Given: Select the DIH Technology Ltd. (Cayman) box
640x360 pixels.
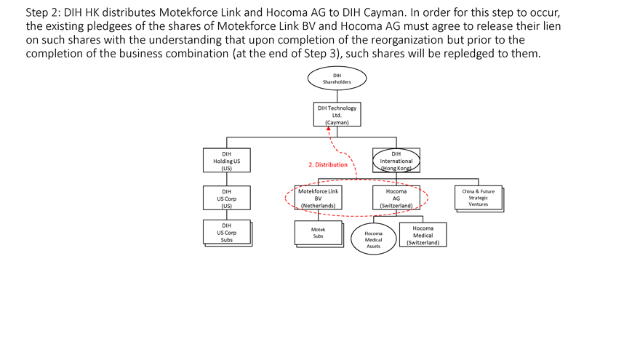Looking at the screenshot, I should tap(337, 115).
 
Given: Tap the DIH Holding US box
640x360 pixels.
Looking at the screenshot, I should tap(227, 161).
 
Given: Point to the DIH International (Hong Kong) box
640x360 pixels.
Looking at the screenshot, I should tap(396, 161).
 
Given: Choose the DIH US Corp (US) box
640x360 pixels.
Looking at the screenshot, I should tap(227, 199).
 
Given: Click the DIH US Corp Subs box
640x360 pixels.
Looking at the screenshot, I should tap(227, 233).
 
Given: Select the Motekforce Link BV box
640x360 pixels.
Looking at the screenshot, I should tap(318, 199).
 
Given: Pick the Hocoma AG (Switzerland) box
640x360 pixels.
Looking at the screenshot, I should tap(396, 199).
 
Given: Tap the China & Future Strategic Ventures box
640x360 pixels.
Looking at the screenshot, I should tap(479, 199).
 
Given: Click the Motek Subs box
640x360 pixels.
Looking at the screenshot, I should tap(318, 233).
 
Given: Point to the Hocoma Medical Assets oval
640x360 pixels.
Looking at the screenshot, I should tap(373, 239).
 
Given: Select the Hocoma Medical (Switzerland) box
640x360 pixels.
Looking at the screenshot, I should tap(423, 235).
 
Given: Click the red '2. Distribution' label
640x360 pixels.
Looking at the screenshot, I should tap(328, 164).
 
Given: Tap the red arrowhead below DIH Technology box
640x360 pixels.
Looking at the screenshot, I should tap(329, 130).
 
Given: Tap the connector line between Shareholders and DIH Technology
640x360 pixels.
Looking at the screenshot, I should tap(337, 95).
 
